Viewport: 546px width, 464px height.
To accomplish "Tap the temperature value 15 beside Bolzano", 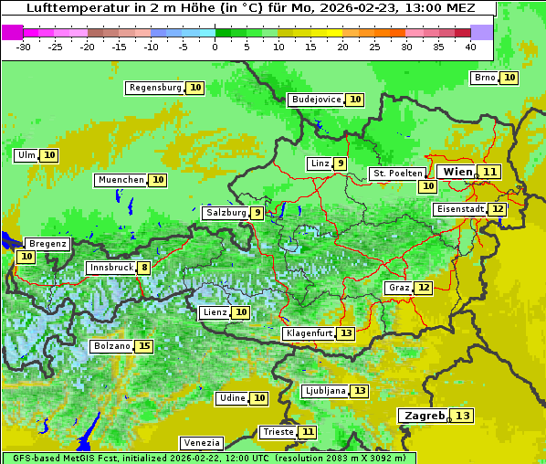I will (x=144, y=346).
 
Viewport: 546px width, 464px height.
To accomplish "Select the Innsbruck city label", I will (x=110, y=268).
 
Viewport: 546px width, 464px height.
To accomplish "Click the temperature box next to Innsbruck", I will (x=144, y=268).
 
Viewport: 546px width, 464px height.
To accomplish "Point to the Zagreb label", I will (x=423, y=416).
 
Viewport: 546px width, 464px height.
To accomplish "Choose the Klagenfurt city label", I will (x=308, y=333).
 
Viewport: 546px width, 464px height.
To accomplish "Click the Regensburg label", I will (x=154, y=88).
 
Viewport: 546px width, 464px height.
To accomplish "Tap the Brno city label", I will (x=484, y=78).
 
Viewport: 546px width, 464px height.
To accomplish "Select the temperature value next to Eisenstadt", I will (x=497, y=209).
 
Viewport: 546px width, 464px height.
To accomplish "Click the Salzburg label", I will (x=226, y=213).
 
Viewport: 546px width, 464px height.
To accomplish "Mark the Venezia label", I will (x=200, y=442).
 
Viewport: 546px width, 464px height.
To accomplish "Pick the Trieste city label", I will (x=278, y=431).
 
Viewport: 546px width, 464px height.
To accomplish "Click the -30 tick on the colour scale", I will (x=24, y=46).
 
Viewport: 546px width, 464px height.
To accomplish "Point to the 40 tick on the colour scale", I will (x=470, y=46).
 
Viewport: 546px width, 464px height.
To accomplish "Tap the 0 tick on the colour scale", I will (x=215, y=46).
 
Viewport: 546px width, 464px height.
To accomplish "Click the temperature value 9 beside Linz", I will (x=340, y=163).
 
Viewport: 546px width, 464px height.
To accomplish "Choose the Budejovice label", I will (x=316, y=100).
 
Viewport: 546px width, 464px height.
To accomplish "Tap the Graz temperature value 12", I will (x=424, y=288).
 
